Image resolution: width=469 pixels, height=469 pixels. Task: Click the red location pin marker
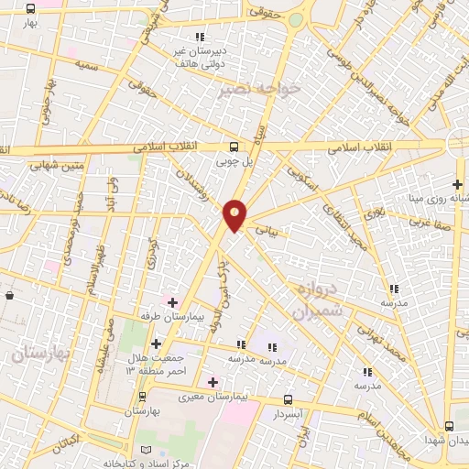(x=235, y=214)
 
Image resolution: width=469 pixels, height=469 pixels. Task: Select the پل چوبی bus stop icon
(x=234, y=147)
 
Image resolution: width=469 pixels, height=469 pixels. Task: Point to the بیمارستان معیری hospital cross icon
(x=213, y=382)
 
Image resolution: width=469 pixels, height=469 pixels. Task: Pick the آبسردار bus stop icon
(x=289, y=399)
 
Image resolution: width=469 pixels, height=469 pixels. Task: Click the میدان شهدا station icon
(x=449, y=426)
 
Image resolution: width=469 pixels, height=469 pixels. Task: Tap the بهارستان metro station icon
(x=142, y=397)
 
